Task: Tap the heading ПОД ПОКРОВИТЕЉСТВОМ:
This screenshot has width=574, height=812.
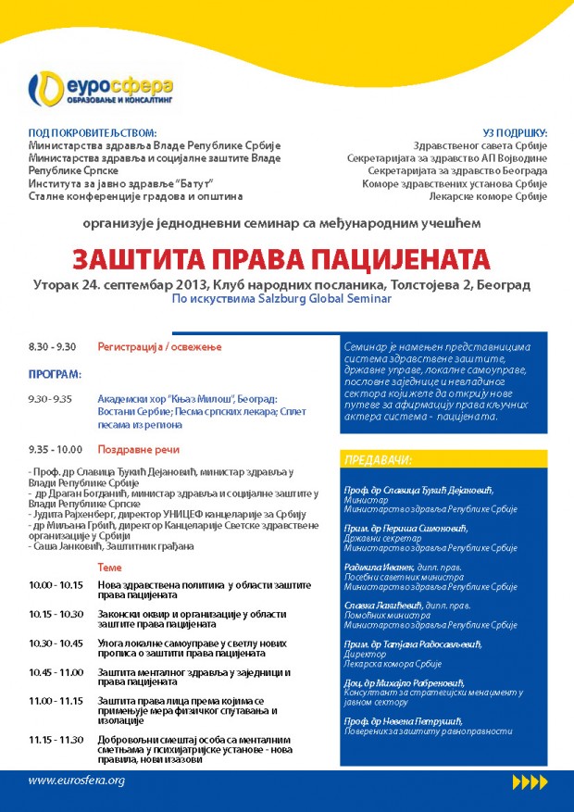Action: pos(93,133)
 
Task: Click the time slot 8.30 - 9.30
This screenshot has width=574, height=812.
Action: pos(52,346)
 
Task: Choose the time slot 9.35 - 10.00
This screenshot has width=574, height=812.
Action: pos(55,449)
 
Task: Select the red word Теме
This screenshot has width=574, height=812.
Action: pos(109,567)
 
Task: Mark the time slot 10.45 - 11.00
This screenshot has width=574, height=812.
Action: pos(56,671)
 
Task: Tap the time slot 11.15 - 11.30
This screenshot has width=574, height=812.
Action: pos(56,739)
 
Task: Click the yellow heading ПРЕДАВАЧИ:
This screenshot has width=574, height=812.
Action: pos(379,460)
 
